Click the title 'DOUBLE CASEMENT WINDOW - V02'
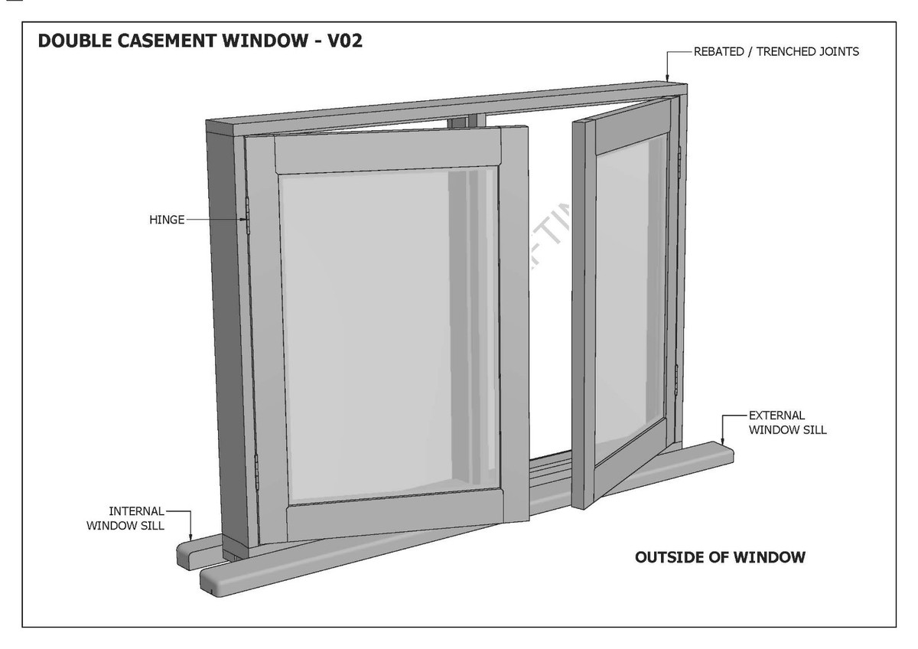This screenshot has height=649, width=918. coord(200,41)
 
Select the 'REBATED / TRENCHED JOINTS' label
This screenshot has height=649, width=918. coord(776,52)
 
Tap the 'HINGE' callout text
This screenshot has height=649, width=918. coord(167,220)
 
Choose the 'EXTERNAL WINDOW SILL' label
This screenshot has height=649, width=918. coord(787,422)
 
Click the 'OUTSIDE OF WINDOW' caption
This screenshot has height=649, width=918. coord(720,557)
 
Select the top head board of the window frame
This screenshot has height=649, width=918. coord(444,107)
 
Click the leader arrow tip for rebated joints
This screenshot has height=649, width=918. coord(668,80)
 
